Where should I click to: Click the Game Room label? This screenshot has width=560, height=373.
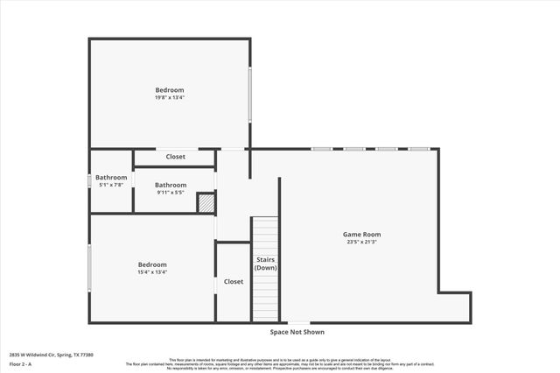pos(361,234)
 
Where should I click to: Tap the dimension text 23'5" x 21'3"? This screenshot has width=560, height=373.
pos(361,242)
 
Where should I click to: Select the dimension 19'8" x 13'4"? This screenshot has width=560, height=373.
pos(170,97)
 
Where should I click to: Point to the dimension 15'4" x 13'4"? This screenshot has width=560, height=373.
pos(152,272)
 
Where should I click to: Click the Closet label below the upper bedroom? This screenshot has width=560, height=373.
pos(176,157)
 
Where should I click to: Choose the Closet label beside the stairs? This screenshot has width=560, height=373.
pos(234,282)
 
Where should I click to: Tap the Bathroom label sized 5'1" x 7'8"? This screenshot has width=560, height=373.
pos(111,178)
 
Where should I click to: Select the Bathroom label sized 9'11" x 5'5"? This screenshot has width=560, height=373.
pos(171,185)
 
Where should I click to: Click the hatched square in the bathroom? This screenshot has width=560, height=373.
pos(206,202)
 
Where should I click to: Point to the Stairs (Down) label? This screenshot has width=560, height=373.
pos(266,264)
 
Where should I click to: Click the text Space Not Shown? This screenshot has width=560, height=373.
pos(297,332)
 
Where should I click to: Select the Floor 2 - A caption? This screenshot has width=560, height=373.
pos(20,363)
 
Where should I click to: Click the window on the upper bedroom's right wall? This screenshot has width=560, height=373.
pos(251,95)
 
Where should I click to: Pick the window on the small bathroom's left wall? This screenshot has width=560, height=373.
pos(89,180)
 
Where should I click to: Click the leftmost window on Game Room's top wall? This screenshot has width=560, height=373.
pos(321,149)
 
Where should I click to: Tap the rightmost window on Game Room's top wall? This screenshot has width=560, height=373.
pos(418,149)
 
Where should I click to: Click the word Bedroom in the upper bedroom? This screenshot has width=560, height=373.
pos(170,90)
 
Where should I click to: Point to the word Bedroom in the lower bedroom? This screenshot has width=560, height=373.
pos(152,264)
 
